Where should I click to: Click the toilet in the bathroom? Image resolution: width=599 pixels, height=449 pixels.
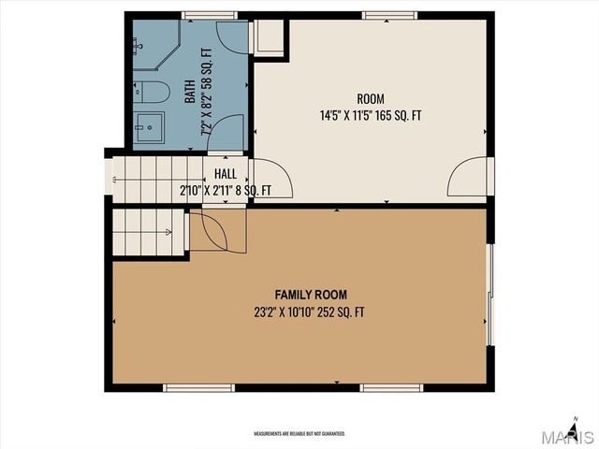[153, 92]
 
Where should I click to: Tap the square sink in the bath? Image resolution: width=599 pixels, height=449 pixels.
[149, 128]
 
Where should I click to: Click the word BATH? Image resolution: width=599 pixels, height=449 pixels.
[190, 92]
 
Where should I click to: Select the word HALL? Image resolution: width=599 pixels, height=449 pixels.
[226, 174]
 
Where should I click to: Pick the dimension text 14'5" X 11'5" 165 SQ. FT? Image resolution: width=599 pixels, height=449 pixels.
[371, 117]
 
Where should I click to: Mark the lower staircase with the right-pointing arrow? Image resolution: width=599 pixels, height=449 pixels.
[146, 231]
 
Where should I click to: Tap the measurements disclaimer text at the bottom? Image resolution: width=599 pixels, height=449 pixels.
[299, 434]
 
